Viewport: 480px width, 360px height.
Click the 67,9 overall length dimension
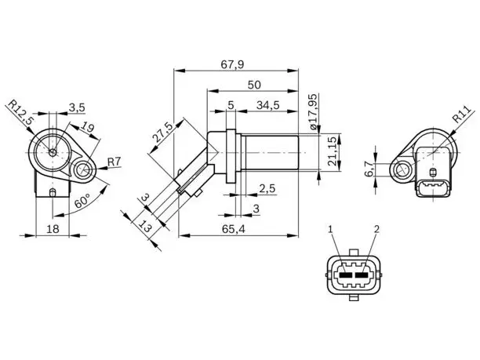tap(232, 64)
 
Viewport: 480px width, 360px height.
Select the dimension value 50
tap(254, 85)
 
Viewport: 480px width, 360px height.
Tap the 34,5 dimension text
tap(268, 105)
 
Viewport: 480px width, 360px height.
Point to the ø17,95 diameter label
tap(313, 111)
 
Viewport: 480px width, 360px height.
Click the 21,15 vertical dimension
tap(333, 151)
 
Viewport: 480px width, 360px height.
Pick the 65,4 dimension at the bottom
tap(234, 229)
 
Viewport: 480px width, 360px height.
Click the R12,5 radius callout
tap(20, 112)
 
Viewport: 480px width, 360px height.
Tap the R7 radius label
tap(115, 162)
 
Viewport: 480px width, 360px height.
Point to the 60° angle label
tap(82, 201)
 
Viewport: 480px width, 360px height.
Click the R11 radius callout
tap(461, 115)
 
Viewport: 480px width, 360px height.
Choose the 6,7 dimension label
tap(369, 169)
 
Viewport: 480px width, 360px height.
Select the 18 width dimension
tap(53, 229)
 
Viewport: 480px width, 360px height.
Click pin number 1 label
tap(330, 229)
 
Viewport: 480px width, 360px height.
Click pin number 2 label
tap(376, 229)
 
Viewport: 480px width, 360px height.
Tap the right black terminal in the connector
tap(362, 275)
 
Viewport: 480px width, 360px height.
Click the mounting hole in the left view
tap(83, 169)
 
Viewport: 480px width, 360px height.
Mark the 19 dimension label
tap(88, 126)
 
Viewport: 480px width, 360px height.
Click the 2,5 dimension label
tap(267, 188)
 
